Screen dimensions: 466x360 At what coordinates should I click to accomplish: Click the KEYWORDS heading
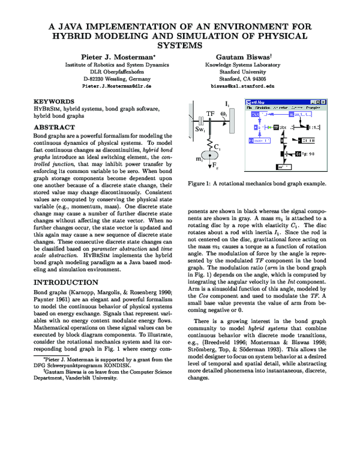pyautogui.click(x=54, y=102)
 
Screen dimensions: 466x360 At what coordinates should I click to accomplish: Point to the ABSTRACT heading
pyautogui.click(x=53, y=128)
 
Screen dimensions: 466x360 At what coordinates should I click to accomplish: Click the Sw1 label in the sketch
pyautogui.click(x=201, y=130)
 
